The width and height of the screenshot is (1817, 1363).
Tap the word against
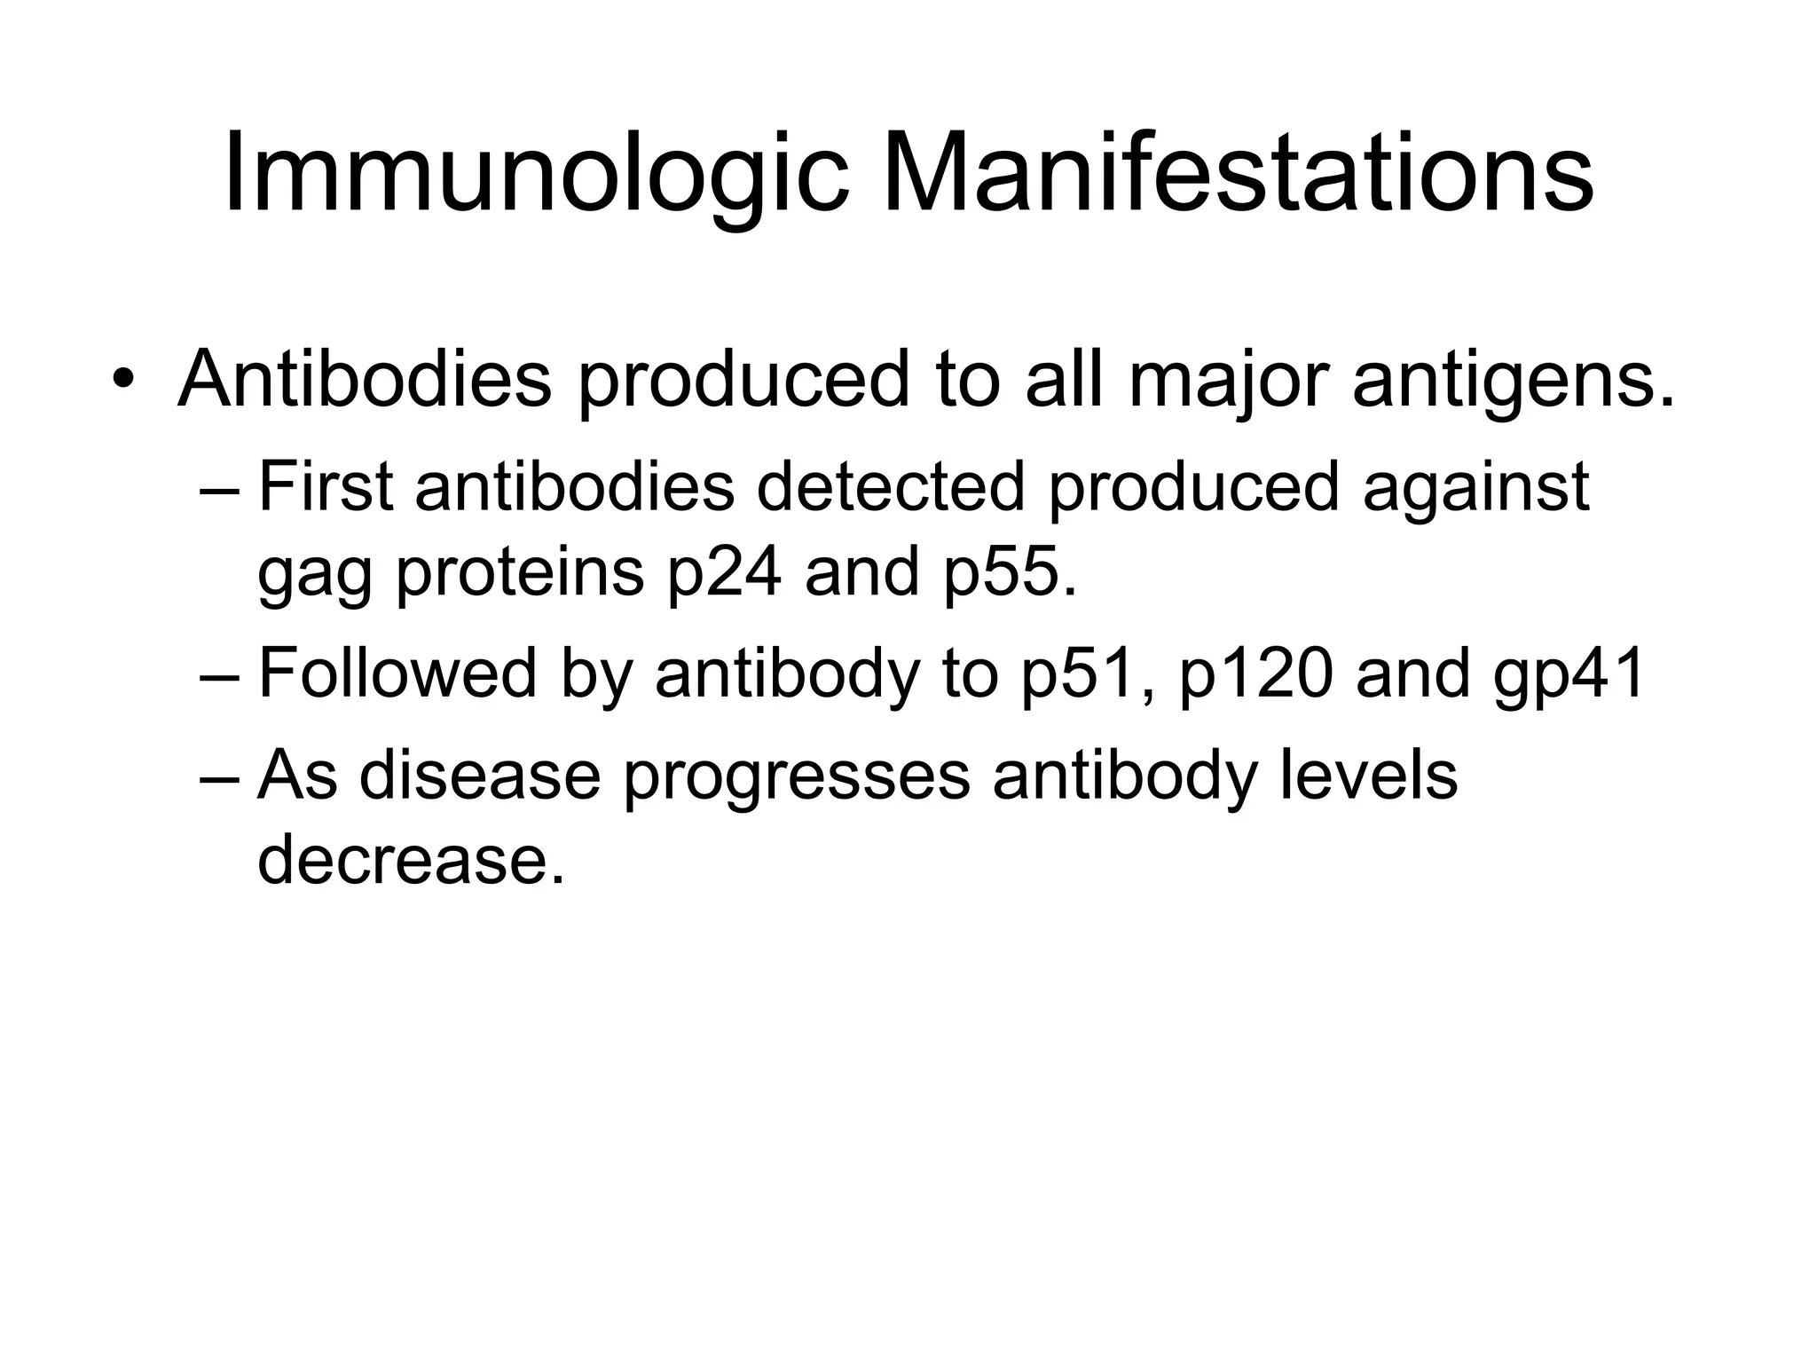(x=1475, y=489)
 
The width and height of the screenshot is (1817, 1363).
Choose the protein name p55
(x=1009, y=572)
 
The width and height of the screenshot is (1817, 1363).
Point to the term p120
(x=1255, y=674)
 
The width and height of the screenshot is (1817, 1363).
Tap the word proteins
(x=519, y=572)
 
